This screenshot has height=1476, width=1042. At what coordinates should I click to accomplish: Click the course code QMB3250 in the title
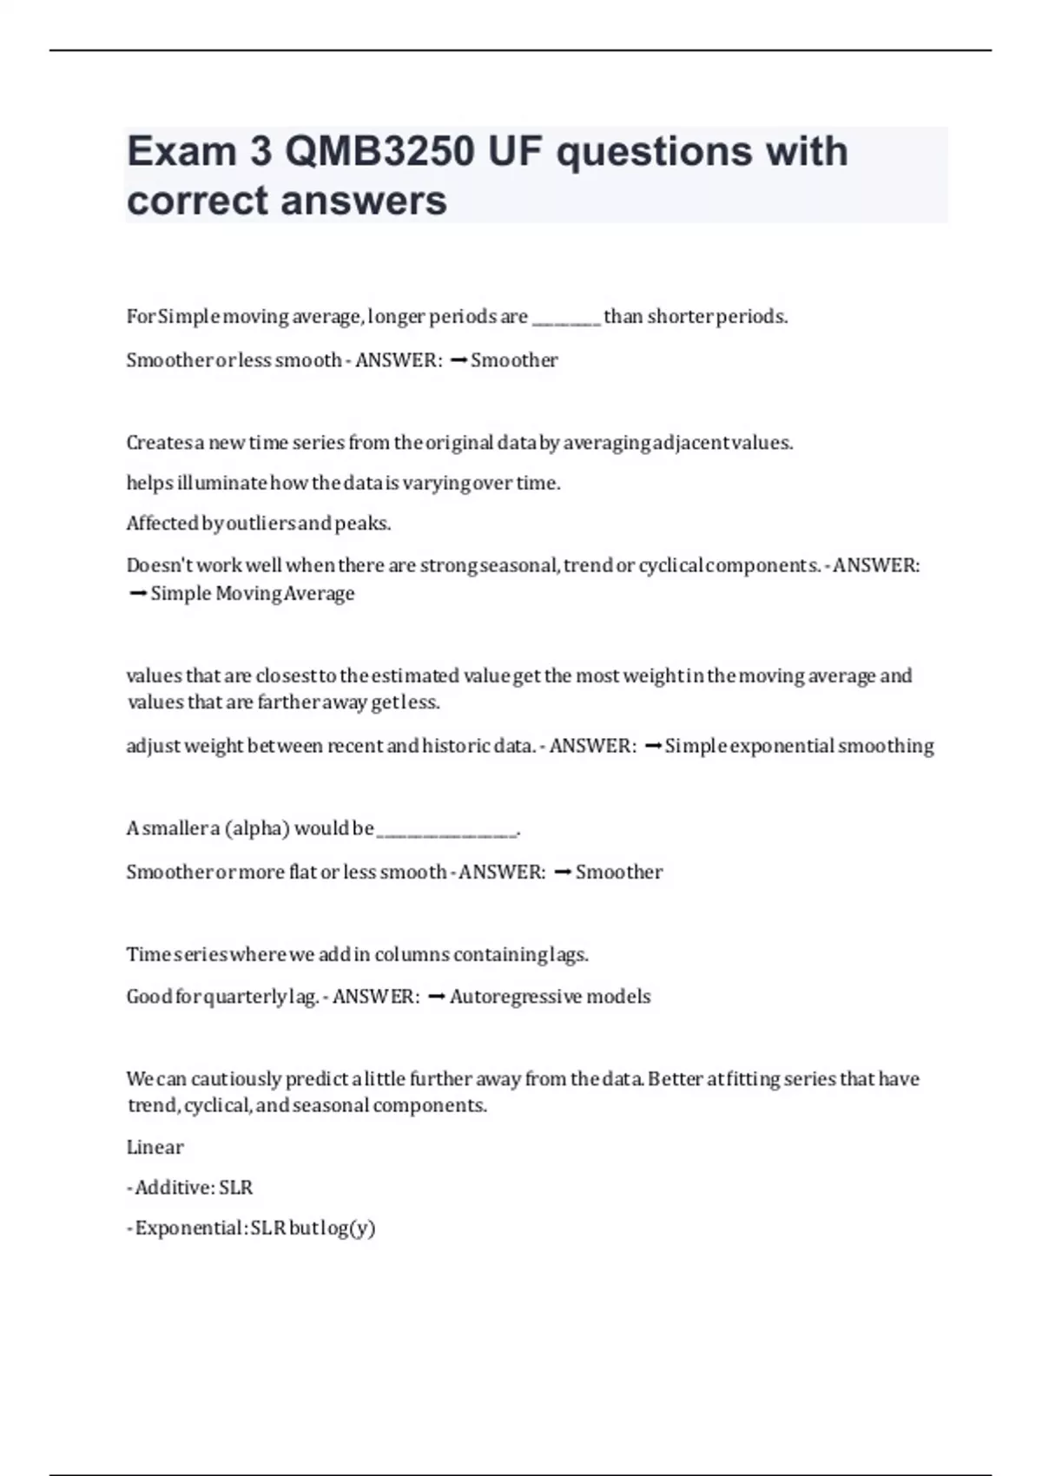[x=379, y=152]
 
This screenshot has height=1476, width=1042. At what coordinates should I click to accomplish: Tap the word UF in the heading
[x=515, y=152]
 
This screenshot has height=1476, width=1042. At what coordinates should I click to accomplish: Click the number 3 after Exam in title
[x=260, y=152]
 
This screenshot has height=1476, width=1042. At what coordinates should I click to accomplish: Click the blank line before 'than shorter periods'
[x=565, y=318]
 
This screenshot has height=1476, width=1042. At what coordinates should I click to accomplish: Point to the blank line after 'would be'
[x=447, y=830]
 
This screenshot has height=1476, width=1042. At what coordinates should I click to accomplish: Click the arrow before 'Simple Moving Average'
[x=136, y=594]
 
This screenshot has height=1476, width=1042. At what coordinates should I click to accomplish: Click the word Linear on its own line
[x=155, y=1147]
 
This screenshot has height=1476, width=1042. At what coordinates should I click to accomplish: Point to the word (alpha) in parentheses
[x=257, y=828]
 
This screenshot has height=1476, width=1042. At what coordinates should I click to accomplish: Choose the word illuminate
[x=222, y=483]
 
